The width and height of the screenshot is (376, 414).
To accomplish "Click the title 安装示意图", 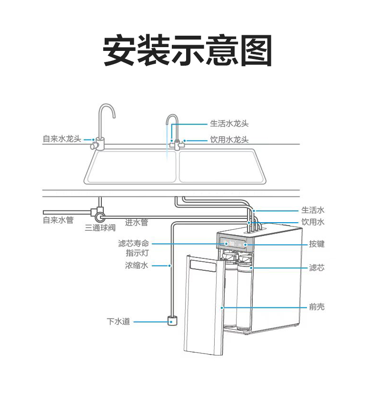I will pyautogui.click(x=188, y=50).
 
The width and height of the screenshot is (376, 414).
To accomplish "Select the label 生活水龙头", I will pyautogui.click(x=229, y=124).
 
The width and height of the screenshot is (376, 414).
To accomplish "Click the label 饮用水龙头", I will pyautogui.click(x=229, y=140).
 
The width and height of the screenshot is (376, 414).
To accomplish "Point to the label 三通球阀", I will pyautogui.click(x=100, y=228).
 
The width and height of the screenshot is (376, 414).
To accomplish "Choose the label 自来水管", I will pyautogui.click(x=58, y=220).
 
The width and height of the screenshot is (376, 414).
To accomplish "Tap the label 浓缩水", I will pyautogui.click(x=137, y=265).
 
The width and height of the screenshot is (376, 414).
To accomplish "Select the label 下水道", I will pyautogui.click(x=119, y=322).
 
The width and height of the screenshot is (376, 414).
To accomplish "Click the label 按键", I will pyautogui.click(x=317, y=244).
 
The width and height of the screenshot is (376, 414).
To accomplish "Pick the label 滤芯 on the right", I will pyautogui.click(x=317, y=268).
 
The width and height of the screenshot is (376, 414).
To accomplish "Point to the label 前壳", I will pyautogui.click(x=317, y=307).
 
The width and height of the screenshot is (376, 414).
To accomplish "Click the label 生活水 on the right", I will pyautogui.click(x=313, y=210).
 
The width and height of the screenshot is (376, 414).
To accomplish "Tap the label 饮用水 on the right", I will pyautogui.click(x=313, y=222).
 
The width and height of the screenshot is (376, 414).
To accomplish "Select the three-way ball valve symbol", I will pyautogui.click(x=100, y=216).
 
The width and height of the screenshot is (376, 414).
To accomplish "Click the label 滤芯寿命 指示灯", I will pyautogui.click(x=134, y=248).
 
